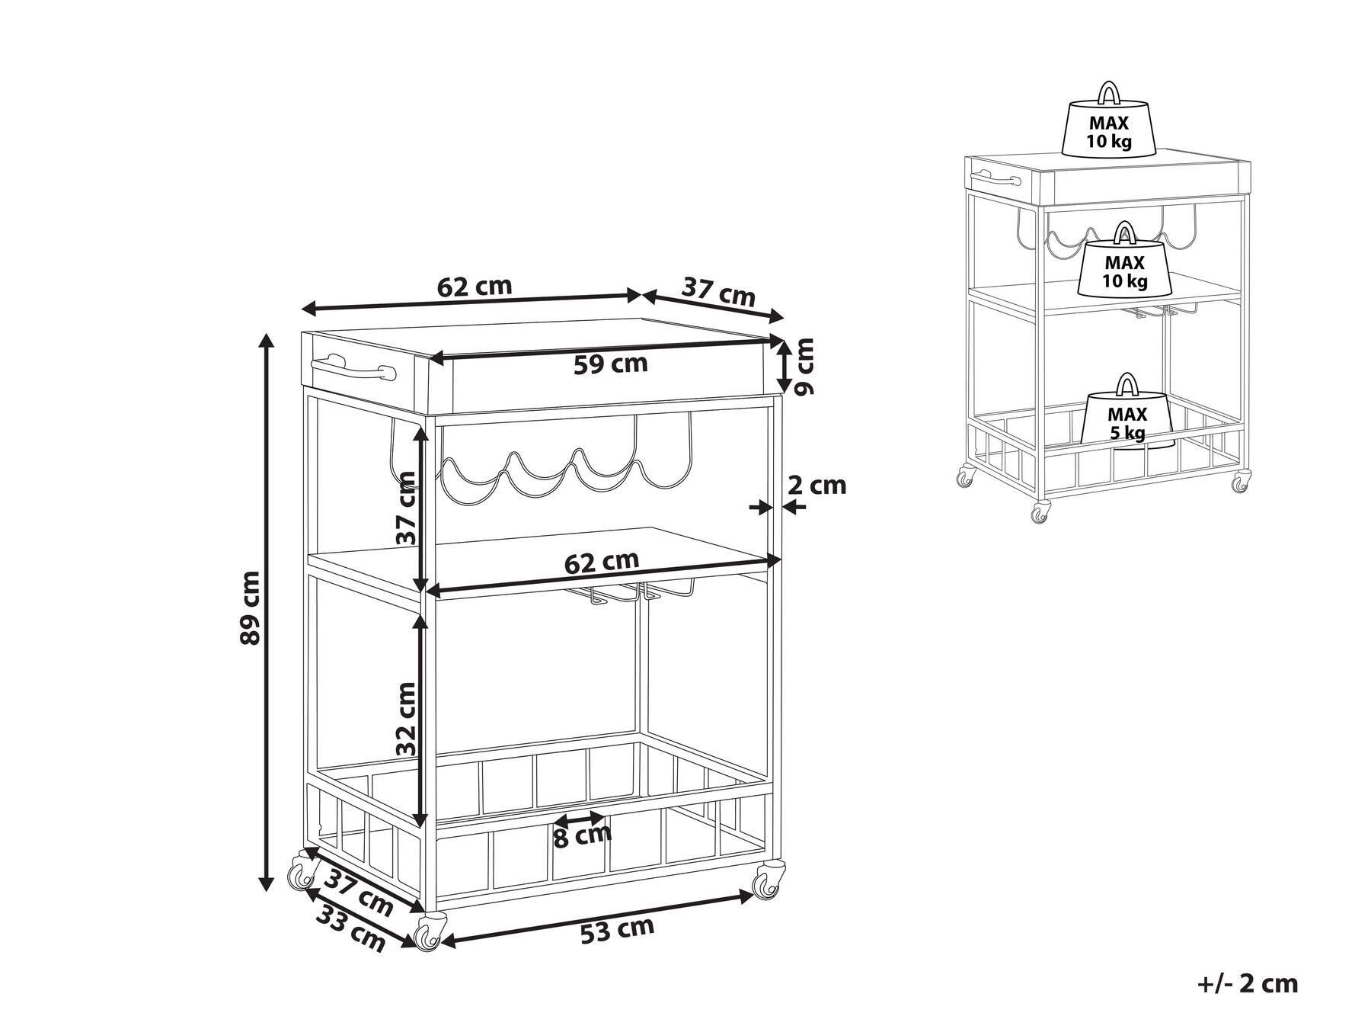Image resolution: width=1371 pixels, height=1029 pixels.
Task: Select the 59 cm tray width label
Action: tap(610, 364)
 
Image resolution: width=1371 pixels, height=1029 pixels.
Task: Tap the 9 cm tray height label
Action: tap(803, 367)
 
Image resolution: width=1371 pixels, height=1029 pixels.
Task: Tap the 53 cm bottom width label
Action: tap(617, 931)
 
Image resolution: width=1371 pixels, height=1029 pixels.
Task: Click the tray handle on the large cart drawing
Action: tap(353, 372)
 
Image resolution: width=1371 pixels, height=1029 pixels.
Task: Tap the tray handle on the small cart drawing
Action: tap(994, 181)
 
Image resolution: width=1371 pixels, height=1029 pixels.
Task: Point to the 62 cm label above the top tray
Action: tap(475, 287)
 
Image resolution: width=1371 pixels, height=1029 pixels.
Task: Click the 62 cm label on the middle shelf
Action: tap(601, 562)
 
